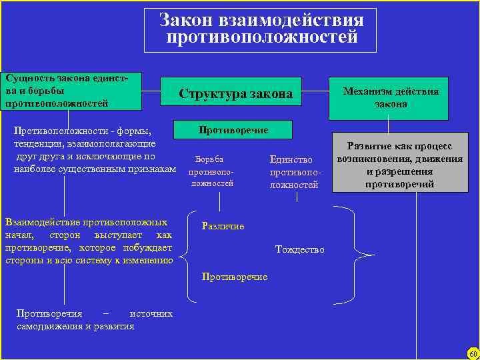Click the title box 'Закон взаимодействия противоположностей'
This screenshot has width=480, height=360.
260,29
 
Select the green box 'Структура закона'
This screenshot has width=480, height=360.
235,95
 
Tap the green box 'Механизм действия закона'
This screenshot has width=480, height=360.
391,97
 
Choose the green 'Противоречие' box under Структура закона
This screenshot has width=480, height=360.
233,130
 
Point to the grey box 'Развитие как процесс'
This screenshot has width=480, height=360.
400,165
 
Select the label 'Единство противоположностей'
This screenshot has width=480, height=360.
294,171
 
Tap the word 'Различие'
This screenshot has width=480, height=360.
223,226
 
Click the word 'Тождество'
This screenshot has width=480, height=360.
299,250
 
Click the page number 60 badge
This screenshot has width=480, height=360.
473,353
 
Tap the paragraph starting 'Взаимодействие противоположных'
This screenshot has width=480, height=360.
88,241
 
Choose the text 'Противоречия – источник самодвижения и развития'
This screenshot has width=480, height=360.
93,319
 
